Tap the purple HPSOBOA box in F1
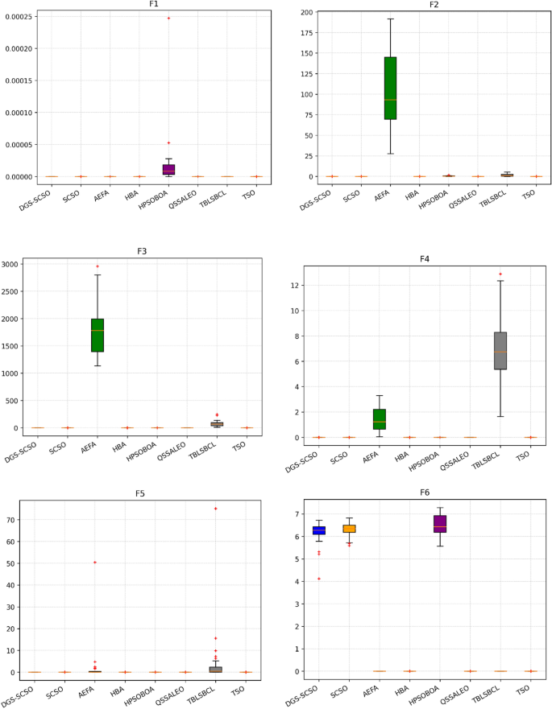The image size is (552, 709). tap(168, 169)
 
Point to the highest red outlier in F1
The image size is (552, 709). tap(168, 18)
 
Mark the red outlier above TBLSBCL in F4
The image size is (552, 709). tap(500, 274)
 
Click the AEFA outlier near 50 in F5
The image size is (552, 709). tap(95, 562)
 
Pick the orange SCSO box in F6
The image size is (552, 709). tap(350, 529)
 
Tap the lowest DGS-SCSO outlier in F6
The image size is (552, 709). tap(319, 579)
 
